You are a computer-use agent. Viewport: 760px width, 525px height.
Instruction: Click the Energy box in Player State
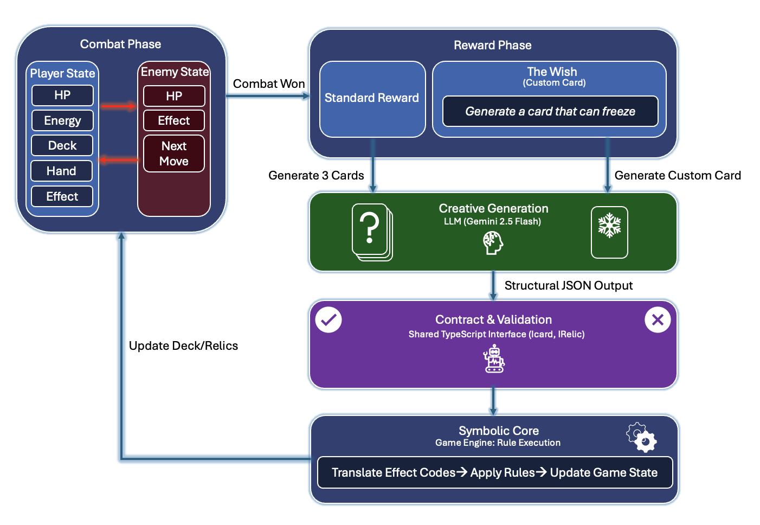pos(62,120)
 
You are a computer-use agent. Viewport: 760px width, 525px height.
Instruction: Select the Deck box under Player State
pos(62,145)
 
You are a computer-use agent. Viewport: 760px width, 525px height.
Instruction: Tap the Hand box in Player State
pos(62,171)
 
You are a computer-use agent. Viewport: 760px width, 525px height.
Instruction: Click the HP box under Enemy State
pos(174,96)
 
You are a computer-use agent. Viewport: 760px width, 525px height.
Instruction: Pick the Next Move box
pos(174,153)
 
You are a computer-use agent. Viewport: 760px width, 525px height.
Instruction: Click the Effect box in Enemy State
pos(174,120)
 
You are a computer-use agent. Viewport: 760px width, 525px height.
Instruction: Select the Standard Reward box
pos(372,99)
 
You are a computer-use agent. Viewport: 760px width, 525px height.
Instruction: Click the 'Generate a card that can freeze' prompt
pos(550,111)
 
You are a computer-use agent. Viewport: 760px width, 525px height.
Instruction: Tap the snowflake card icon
pos(609,232)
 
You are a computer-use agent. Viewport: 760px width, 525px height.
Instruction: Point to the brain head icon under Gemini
pos(493,242)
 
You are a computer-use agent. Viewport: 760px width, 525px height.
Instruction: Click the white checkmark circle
pos(329,320)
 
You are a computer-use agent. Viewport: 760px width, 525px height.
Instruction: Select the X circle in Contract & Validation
pos(658,320)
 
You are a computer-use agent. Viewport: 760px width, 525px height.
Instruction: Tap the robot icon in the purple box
pos(494,359)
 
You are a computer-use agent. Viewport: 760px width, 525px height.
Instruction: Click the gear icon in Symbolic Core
pos(642,438)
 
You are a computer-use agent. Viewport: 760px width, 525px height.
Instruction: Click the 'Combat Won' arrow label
pos(268,84)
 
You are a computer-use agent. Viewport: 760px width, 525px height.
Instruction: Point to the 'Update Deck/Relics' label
pos(183,346)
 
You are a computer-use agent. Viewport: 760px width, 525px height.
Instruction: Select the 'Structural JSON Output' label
pos(568,286)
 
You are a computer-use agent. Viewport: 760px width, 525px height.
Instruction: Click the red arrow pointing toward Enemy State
pos(118,106)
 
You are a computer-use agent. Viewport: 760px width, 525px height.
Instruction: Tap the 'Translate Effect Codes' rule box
pos(494,472)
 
